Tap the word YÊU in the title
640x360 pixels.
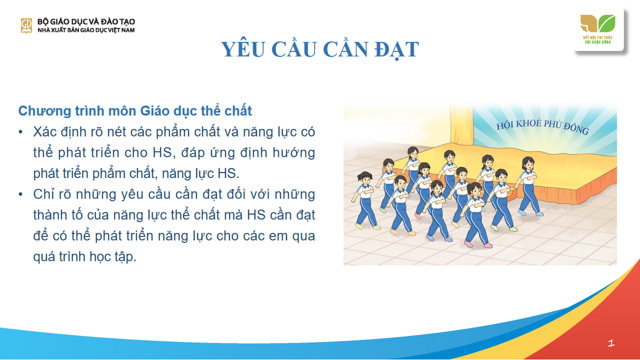[245, 50]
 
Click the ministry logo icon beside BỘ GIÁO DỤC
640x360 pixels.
[26, 24]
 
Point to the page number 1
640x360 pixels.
[609, 341]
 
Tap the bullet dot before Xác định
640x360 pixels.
[23, 132]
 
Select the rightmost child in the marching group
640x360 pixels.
[528, 185]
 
